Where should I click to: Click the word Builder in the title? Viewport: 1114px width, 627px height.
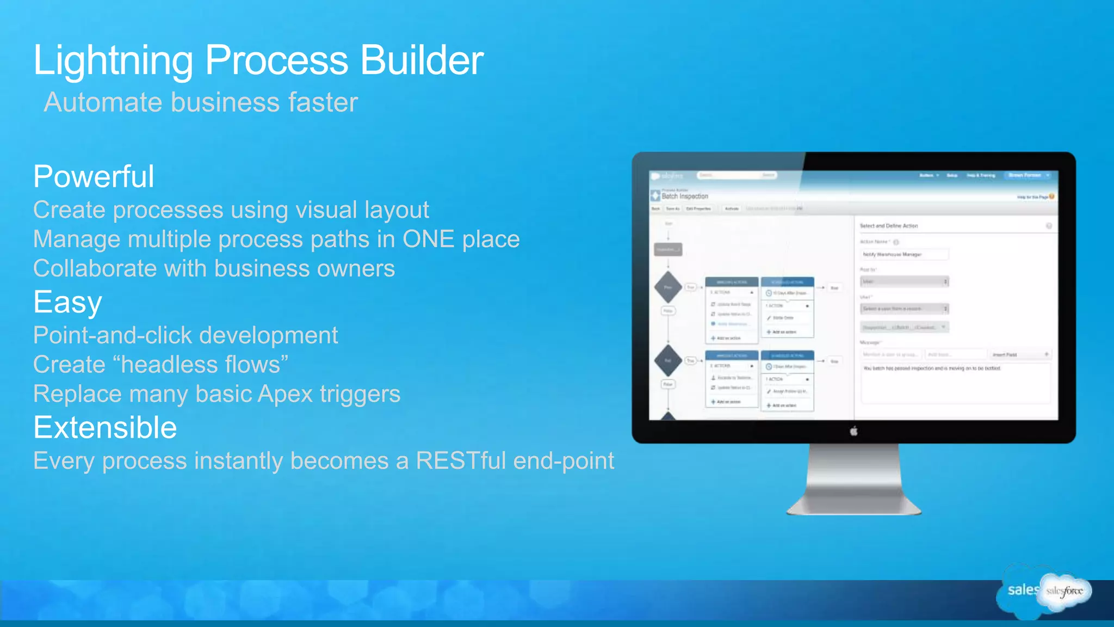(x=422, y=60)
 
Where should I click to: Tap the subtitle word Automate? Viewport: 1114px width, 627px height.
(x=103, y=102)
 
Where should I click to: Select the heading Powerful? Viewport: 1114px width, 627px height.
(x=94, y=176)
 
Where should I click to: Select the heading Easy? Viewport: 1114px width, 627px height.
(x=67, y=303)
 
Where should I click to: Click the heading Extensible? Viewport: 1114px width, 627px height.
(x=105, y=428)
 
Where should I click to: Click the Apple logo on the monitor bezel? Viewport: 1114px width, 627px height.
(x=853, y=432)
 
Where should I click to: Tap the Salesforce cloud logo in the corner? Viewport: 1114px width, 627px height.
(x=1063, y=591)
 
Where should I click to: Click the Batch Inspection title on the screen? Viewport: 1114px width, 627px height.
(x=685, y=196)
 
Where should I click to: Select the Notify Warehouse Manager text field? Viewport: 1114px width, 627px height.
(x=904, y=254)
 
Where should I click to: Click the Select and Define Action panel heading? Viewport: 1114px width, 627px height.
(x=888, y=226)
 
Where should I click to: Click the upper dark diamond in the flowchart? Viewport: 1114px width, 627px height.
(x=668, y=287)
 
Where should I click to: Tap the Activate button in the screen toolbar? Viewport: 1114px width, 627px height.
(x=731, y=208)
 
